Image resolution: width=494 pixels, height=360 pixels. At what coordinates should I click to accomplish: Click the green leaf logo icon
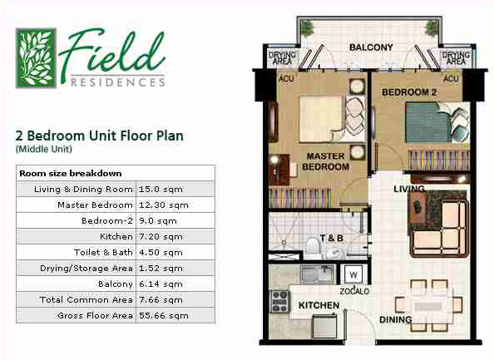pyautogui.click(x=36, y=57)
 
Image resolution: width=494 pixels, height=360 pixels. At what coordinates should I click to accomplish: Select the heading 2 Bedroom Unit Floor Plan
pyautogui.click(x=99, y=136)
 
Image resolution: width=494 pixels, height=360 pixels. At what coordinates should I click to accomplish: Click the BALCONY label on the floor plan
pyautogui.click(x=370, y=47)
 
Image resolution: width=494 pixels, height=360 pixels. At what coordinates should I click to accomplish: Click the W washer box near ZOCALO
pyautogui.click(x=353, y=274)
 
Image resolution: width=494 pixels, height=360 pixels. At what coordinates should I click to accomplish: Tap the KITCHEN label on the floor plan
pyautogui.click(x=318, y=305)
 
